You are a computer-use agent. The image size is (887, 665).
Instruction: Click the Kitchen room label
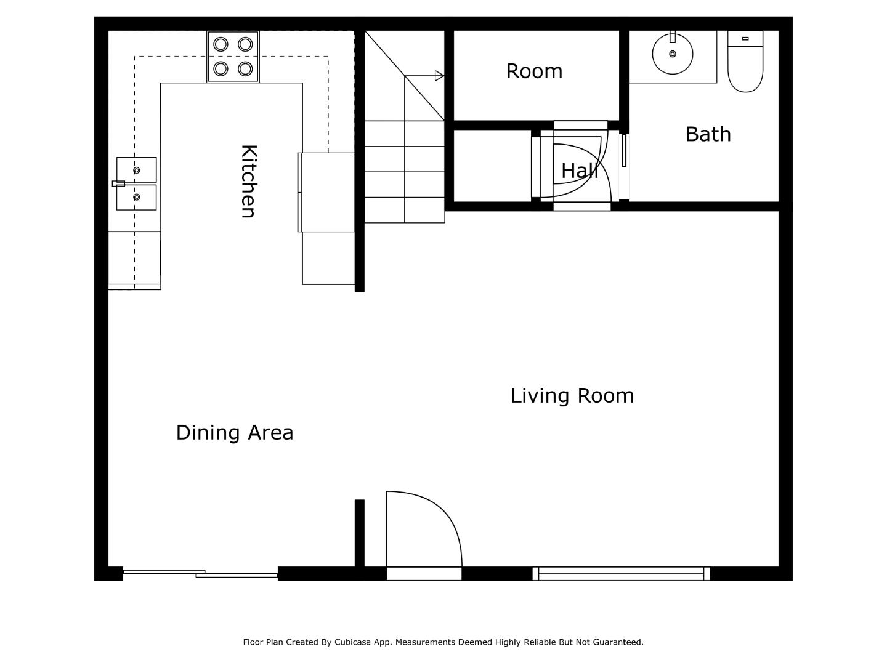248,181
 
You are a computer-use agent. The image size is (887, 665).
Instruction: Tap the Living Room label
572,395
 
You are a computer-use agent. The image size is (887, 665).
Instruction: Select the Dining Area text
235,432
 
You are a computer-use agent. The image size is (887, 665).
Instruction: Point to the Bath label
708,134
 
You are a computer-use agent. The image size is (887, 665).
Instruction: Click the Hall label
579,171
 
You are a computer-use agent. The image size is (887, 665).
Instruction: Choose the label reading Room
534,71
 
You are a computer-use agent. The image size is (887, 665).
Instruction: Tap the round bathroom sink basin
673,54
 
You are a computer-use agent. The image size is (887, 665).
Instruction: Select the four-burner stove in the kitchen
233,57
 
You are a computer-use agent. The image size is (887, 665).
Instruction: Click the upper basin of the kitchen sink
137,170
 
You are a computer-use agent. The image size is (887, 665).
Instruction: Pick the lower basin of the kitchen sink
137,197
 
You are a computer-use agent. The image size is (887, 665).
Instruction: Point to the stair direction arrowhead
439,76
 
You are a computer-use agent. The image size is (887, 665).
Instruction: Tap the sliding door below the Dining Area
201,574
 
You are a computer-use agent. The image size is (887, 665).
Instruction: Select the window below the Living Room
621,574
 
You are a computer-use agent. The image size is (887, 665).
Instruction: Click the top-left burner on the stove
221,44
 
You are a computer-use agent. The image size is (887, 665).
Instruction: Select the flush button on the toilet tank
745,39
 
